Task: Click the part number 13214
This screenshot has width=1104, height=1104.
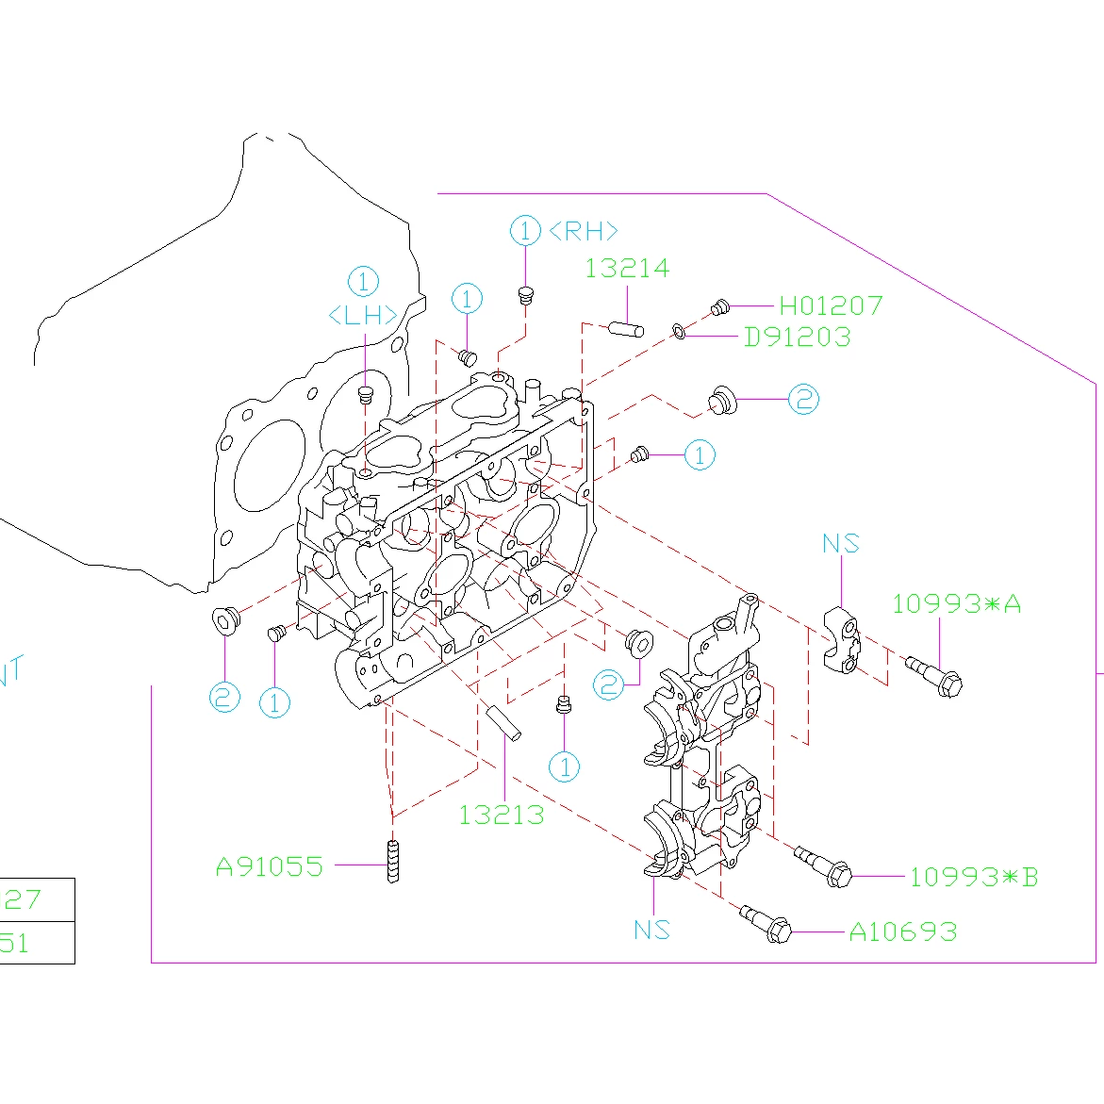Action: click(627, 269)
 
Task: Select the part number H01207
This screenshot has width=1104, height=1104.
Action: click(831, 305)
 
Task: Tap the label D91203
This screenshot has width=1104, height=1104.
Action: click(798, 337)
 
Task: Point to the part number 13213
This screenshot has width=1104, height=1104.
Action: click(502, 815)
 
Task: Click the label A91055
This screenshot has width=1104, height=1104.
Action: click(270, 866)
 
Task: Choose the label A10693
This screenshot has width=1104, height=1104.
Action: click(902, 932)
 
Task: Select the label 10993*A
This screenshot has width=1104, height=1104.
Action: click(956, 604)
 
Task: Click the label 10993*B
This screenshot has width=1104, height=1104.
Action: click(973, 878)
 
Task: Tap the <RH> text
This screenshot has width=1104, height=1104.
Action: click(583, 231)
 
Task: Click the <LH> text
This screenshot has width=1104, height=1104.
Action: click(363, 316)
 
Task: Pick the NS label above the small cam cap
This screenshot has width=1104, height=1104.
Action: click(840, 544)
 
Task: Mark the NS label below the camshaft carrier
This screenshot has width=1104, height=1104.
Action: click(651, 930)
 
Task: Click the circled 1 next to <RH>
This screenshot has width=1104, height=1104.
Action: click(525, 231)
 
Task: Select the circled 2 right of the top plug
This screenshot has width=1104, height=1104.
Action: click(803, 400)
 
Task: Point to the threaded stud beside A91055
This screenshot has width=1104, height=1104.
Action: click(392, 861)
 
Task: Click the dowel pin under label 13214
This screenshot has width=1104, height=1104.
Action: click(626, 329)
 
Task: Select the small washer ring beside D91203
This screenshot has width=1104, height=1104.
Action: click(679, 331)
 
